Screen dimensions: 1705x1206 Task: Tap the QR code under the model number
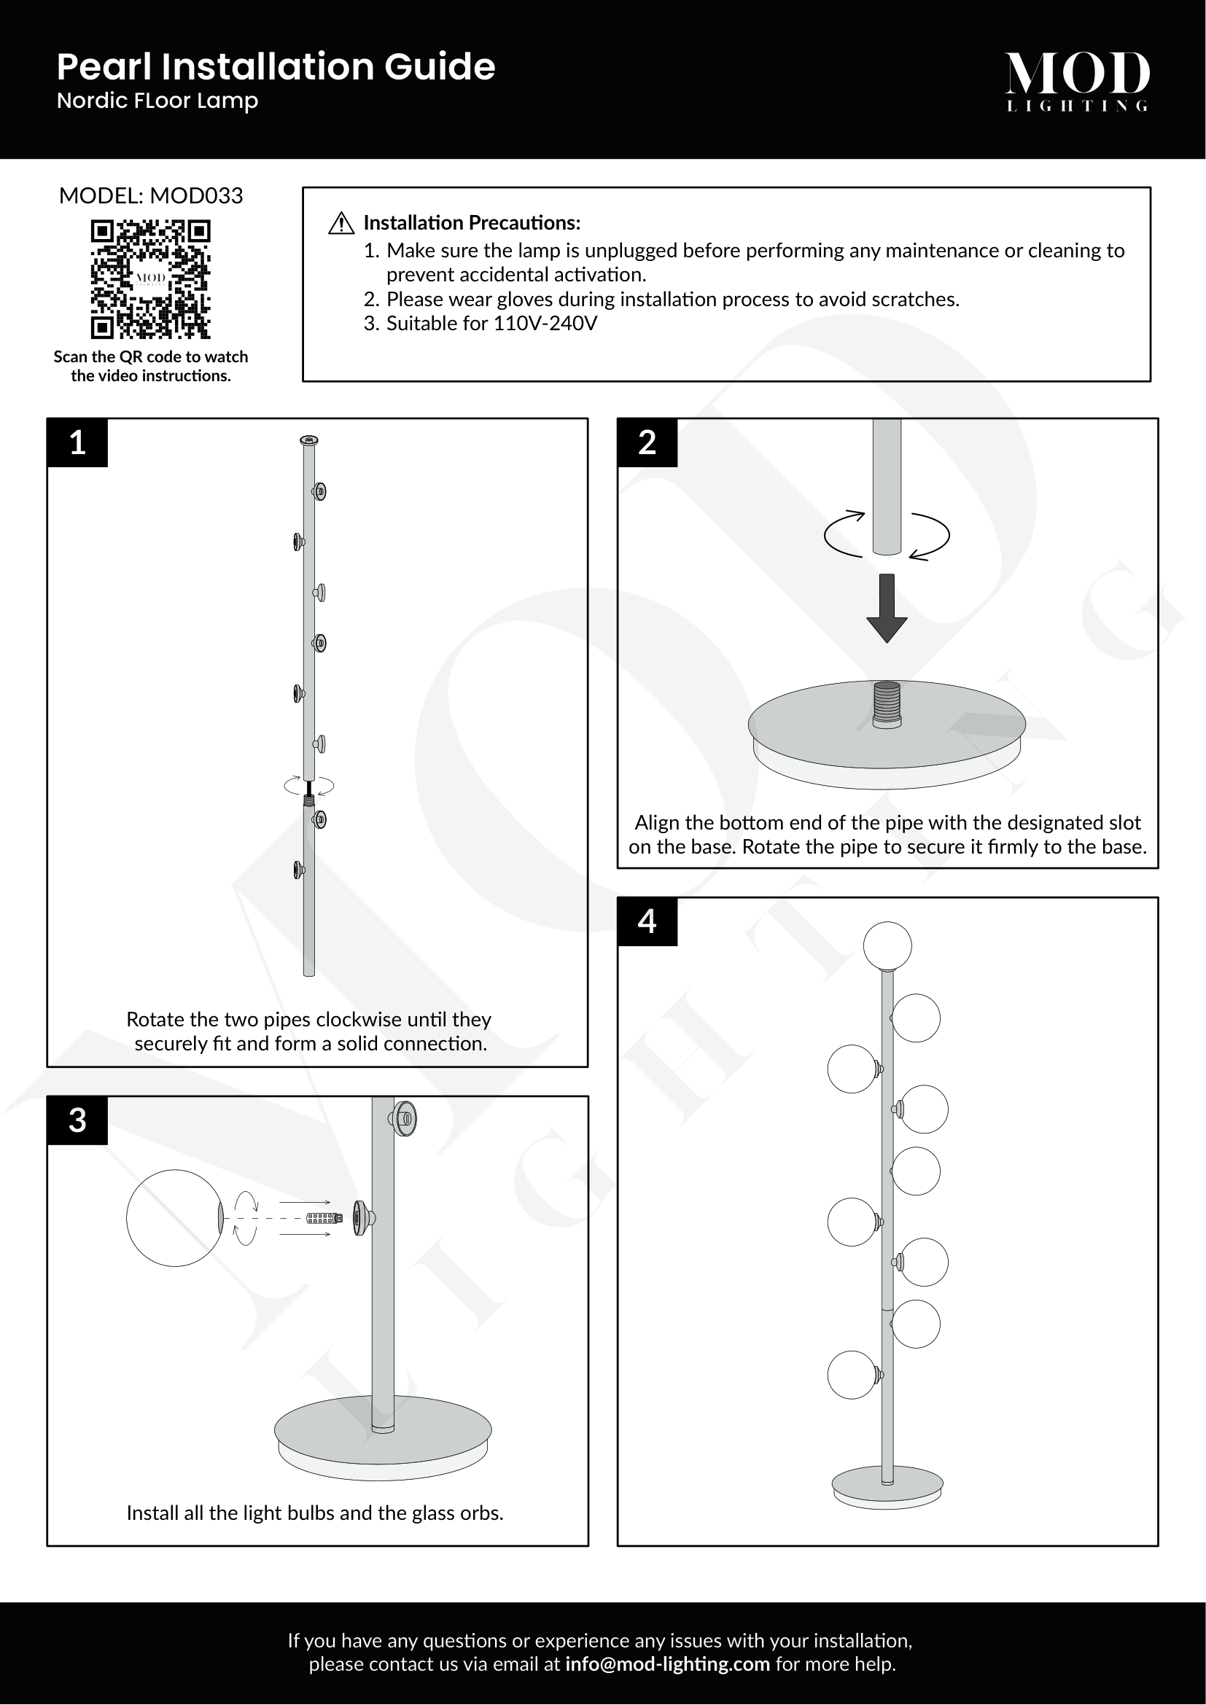point(151,278)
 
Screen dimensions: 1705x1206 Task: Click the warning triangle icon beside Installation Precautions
point(341,223)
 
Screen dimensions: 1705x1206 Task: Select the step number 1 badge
point(77,442)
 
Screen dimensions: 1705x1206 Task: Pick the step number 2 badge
point(647,442)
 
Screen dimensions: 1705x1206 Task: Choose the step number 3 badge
point(77,1120)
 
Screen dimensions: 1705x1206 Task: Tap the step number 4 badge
point(647,921)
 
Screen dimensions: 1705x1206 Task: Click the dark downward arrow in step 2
point(887,607)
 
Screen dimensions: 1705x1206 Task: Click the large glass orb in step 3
point(174,1218)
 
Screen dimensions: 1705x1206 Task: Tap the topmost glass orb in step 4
point(887,946)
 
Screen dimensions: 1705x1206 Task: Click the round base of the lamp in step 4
point(887,1488)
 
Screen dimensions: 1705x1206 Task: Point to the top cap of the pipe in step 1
point(310,441)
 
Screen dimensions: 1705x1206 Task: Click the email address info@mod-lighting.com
point(667,1664)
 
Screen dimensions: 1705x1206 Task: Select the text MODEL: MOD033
point(151,196)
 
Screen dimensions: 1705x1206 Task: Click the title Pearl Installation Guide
point(276,67)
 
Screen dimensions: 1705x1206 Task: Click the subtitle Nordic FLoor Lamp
point(157,101)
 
